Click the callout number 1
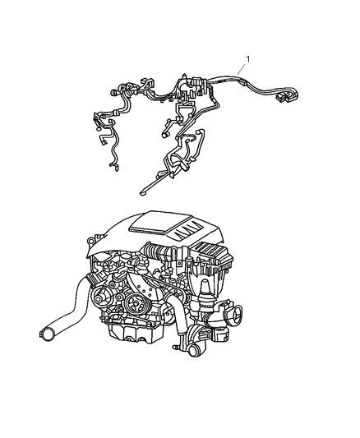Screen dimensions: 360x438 click(247, 59)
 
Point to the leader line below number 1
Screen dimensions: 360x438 click(242, 69)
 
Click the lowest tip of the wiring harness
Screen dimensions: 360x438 click(142, 193)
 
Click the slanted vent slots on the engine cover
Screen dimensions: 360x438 click(187, 231)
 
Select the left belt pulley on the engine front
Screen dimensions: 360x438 click(99, 299)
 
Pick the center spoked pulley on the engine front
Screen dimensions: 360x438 click(135, 305)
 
